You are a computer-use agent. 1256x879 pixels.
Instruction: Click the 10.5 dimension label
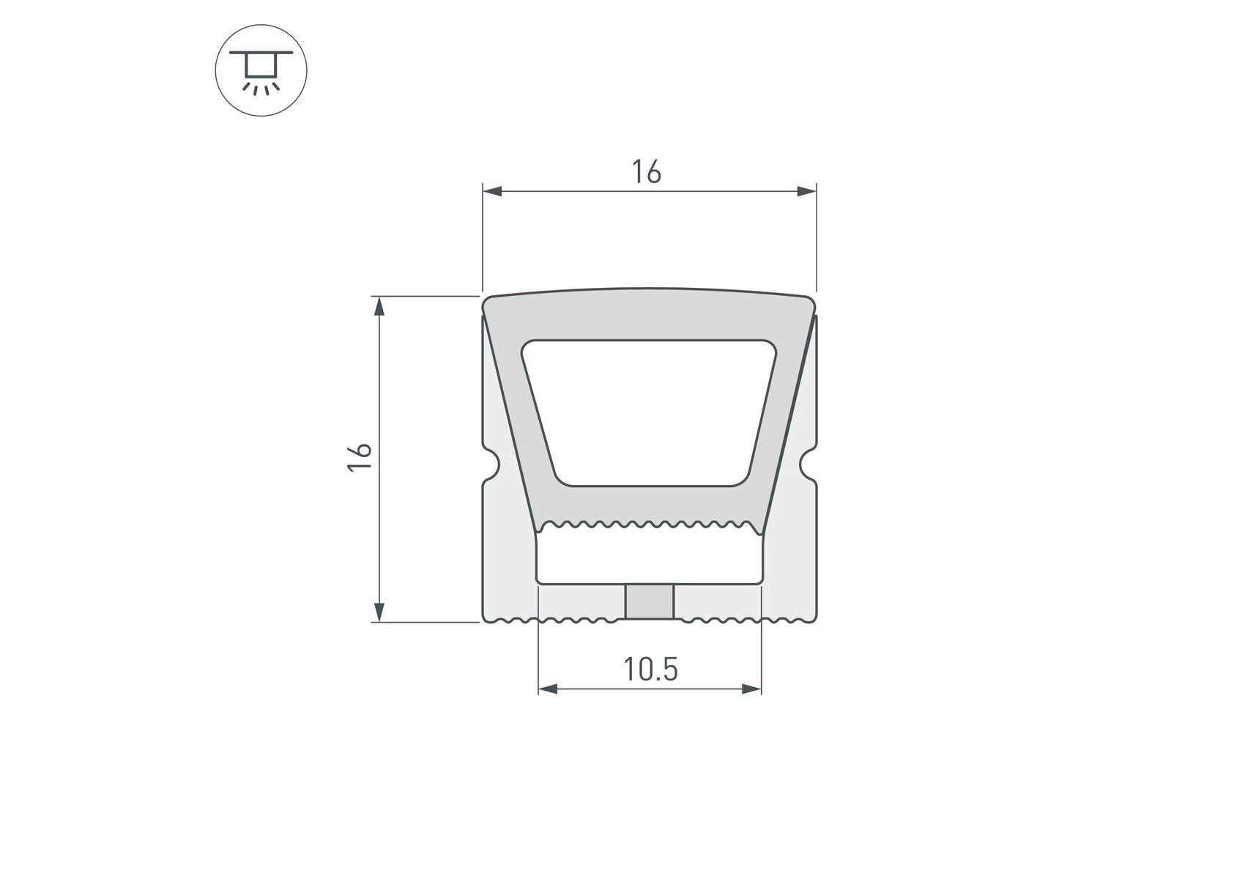tap(650, 669)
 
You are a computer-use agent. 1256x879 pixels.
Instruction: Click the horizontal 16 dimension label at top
tap(647, 172)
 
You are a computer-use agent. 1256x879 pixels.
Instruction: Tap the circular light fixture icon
tap(261, 70)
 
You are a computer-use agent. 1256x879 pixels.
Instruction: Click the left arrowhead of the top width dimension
tap(492, 191)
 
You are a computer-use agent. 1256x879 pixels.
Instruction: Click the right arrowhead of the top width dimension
tap(806, 191)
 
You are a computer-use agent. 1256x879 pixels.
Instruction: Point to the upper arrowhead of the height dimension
tap(379, 305)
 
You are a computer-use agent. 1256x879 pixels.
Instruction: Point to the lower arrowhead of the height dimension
tap(379, 612)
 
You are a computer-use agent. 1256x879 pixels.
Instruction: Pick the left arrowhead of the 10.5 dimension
tap(548, 689)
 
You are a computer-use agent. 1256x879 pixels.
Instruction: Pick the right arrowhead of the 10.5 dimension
tap(751, 689)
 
